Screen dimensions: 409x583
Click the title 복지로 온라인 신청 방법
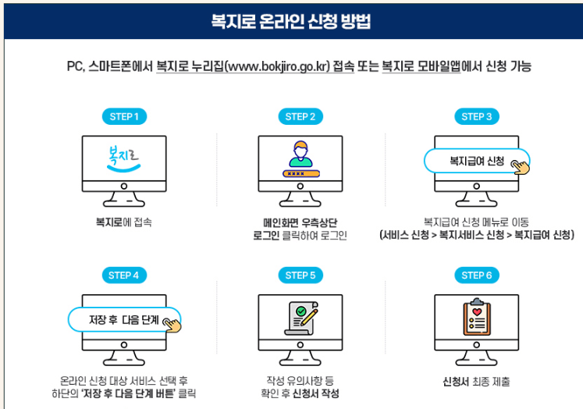pos(291,21)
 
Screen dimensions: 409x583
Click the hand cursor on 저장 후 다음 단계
pos(171,322)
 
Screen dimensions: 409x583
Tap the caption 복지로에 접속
pos(123,222)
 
